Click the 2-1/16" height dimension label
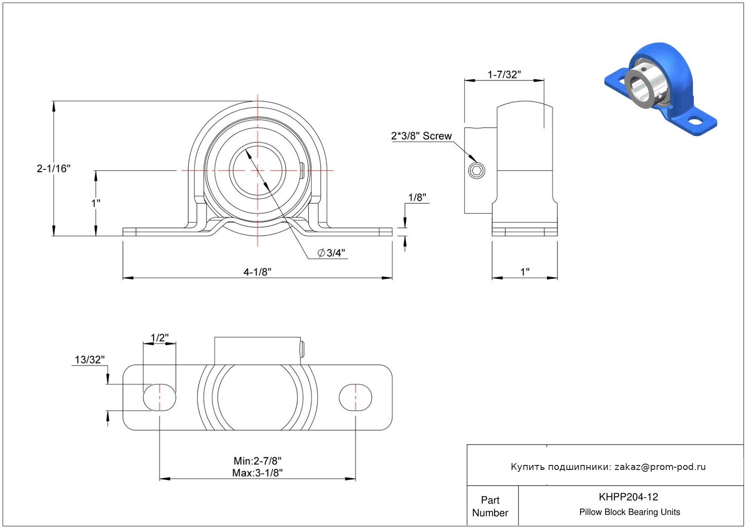pyautogui.click(x=54, y=168)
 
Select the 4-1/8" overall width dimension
pyautogui.click(x=257, y=272)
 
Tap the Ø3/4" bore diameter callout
pyautogui.click(x=332, y=253)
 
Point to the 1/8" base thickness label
pyautogui.click(x=417, y=198)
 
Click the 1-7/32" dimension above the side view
pyautogui.click(x=504, y=74)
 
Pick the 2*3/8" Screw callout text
pyautogui.click(x=421, y=136)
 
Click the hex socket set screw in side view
pyautogui.click(x=476, y=171)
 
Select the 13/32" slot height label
pyautogui.click(x=89, y=360)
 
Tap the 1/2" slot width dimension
pyautogui.click(x=159, y=338)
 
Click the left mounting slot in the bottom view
pyautogui.click(x=160, y=397)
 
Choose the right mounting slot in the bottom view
pyautogui.click(x=356, y=397)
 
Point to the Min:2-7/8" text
pyautogui.click(x=257, y=461)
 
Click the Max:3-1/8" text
pyautogui.click(x=257, y=473)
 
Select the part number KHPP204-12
pyautogui.click(x=628, y=497)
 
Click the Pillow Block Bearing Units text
pyautogui.click(x=630, y=512)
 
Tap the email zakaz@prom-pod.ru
pyautogui.click(x=660, y=467)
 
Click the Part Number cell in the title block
pyautogui.click(x=490, y=506)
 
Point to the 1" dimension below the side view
pyautogui.click(x=525, y=272)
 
